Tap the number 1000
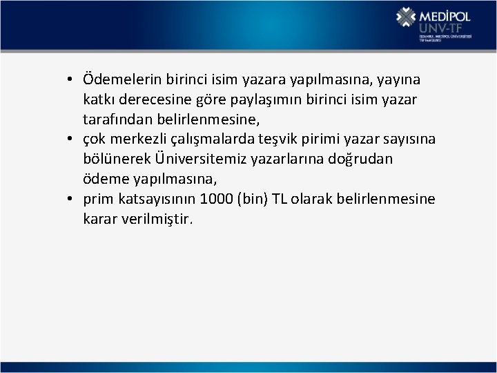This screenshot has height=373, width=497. click(x=215, y=199)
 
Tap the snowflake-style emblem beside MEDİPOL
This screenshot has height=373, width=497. click(x=406, y=19)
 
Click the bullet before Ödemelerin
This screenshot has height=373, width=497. click(x=70, y=79)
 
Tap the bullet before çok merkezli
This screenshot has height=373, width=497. click(x=70, y=140)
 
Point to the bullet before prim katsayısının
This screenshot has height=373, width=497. click(x=70, y=200)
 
